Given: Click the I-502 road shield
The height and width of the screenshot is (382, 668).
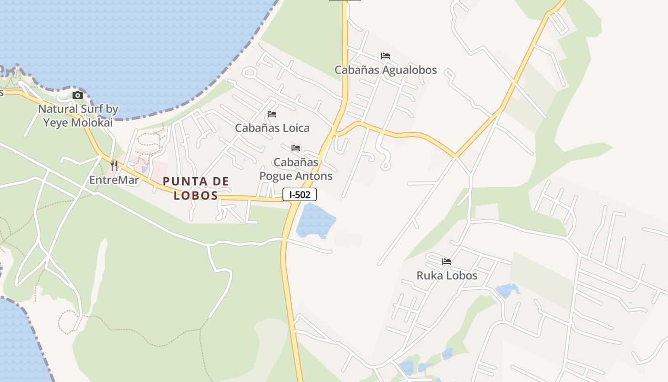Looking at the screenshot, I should (x=300, y=194).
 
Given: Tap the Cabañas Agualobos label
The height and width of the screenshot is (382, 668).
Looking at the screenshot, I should (x=386, y=70).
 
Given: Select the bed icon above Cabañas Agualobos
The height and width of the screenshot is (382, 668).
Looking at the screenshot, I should (x=386, y=56).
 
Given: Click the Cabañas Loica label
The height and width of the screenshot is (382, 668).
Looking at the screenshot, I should (x=272, y=128).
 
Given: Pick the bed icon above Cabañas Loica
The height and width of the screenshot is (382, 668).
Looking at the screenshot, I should (x=272, y=114).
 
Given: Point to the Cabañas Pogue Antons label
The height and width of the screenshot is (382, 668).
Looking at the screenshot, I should (x=296, y=169).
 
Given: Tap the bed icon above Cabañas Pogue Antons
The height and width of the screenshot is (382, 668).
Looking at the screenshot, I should (x=296, y=148).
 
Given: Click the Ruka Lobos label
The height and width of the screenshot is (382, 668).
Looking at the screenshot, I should (x=447, y=276).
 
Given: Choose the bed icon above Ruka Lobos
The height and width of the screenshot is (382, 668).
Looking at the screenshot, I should (x=447, y=262).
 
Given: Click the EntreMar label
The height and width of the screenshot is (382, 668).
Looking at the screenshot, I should (x=114, y=180).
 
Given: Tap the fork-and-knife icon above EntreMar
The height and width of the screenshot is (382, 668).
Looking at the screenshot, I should (x=114, y=166).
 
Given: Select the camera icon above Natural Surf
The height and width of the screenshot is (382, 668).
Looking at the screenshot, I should (x=78, y=95).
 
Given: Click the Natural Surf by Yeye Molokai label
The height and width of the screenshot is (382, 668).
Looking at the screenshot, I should (x=78, y=116).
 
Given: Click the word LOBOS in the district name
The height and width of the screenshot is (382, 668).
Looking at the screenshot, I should (x=196, y=195).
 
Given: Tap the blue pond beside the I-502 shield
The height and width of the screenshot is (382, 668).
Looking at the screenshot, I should (x=315, y=221).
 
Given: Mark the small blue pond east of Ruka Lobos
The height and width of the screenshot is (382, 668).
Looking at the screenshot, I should (x=507, y=290).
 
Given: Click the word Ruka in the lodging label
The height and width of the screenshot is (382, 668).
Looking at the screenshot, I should (x=428, y=276).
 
